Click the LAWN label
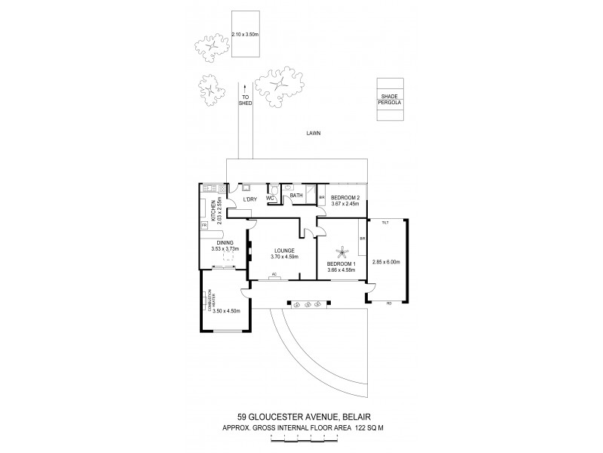[314, 133]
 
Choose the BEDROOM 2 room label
[346, 198]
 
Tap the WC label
[269, 199]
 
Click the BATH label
[295, 195]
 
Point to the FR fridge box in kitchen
[204, 226]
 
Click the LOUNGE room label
[284, 251]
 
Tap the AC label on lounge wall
[274, 274]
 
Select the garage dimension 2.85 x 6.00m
[386, 262]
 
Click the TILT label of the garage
[384, 223]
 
